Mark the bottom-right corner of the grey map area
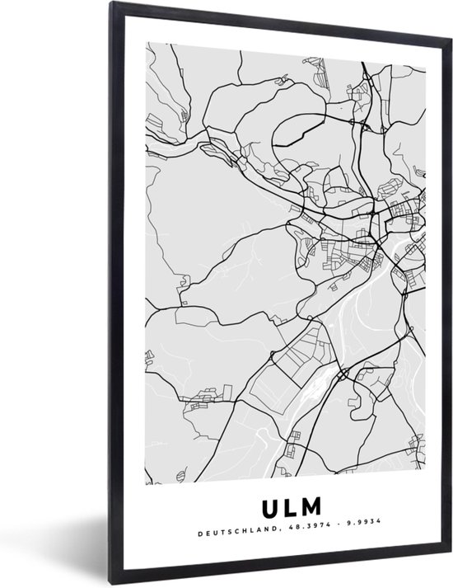tap(426, 482)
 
